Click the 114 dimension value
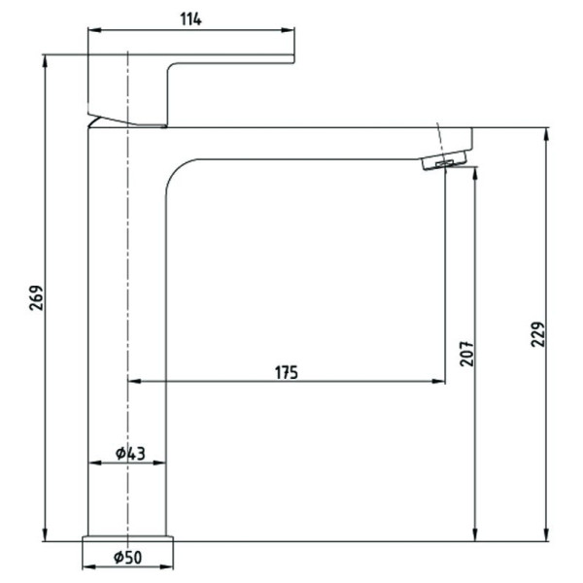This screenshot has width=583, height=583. (x=190, y=19)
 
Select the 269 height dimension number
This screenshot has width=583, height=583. (x=37, y=298)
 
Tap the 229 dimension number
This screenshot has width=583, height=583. (x=537, y=334)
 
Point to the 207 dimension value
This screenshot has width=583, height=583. (x=466, y=354)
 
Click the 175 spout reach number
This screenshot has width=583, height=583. (x=287, y=372)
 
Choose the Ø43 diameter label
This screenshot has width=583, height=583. (x=130, y=453)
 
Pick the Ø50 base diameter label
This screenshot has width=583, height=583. (x=127, y=557)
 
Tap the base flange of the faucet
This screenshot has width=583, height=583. (x=127, y=538)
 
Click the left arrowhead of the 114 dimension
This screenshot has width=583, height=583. (x=94, y=30)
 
